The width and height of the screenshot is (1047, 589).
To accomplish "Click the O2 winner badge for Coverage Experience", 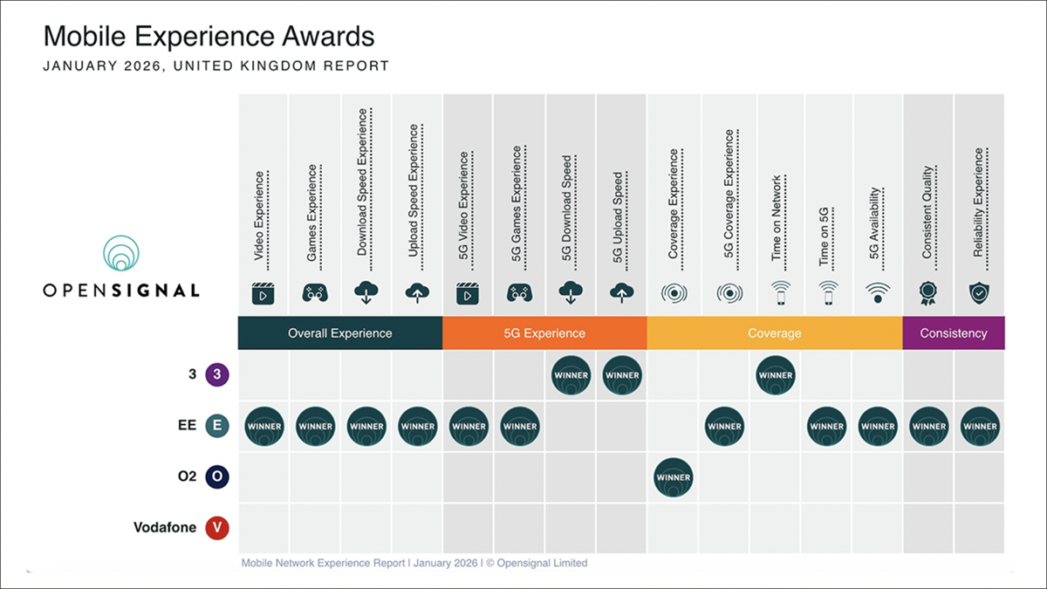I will point(674,478).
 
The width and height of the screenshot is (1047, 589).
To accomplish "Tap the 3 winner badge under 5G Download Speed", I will point(571,376).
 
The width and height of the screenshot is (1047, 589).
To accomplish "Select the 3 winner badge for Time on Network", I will point(776,376).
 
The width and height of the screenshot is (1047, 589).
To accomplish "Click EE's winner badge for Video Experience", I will point(264,427).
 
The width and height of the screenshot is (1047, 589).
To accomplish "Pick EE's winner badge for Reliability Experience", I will point(980,427).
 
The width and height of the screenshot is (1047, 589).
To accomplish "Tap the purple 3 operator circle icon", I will point(216,376).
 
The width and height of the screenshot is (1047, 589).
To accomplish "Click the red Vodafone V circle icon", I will point(216,528).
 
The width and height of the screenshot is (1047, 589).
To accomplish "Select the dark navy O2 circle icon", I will point(216,477).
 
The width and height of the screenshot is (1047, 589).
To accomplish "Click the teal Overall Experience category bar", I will point(340,333).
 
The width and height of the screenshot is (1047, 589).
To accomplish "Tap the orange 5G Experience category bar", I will point(545,333).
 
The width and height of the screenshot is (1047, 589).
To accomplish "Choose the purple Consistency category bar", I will point(954,333).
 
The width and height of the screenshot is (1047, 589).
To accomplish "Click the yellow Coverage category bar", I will point(775,333).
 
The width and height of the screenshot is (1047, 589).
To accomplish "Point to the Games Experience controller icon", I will point(315,294).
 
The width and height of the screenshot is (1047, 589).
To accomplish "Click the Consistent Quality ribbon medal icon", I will point(927,294).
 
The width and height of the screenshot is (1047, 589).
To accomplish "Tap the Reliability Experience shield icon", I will point(980,294).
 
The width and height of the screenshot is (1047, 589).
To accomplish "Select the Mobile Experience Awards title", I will point(209,37).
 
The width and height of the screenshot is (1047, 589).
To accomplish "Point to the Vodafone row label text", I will point(165,528).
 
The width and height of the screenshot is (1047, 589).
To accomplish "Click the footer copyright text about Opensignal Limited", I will point(414,564).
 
